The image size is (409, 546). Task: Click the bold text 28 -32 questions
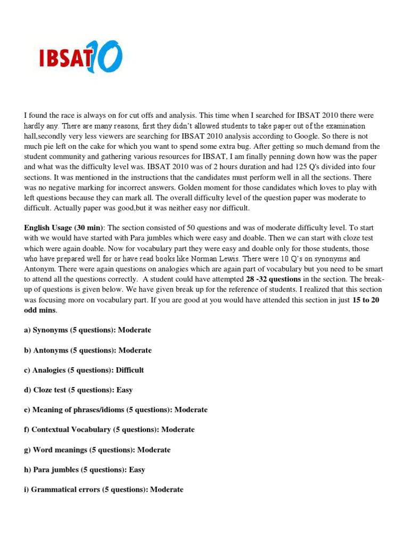(273, 279)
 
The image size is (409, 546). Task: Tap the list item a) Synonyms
(87, 330)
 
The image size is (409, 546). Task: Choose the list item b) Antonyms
(88, 350)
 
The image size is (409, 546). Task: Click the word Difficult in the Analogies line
(130, 370)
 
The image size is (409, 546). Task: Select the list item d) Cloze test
(78, 390)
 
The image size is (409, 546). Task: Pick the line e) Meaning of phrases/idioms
(116, 409)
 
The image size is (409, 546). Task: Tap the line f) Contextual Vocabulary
(109, 429)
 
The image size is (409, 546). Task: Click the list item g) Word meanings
(97, 449)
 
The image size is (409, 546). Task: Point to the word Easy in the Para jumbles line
(137, 470)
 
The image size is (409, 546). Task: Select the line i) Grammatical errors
(103, 489)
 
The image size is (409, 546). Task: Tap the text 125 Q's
(320, 166)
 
